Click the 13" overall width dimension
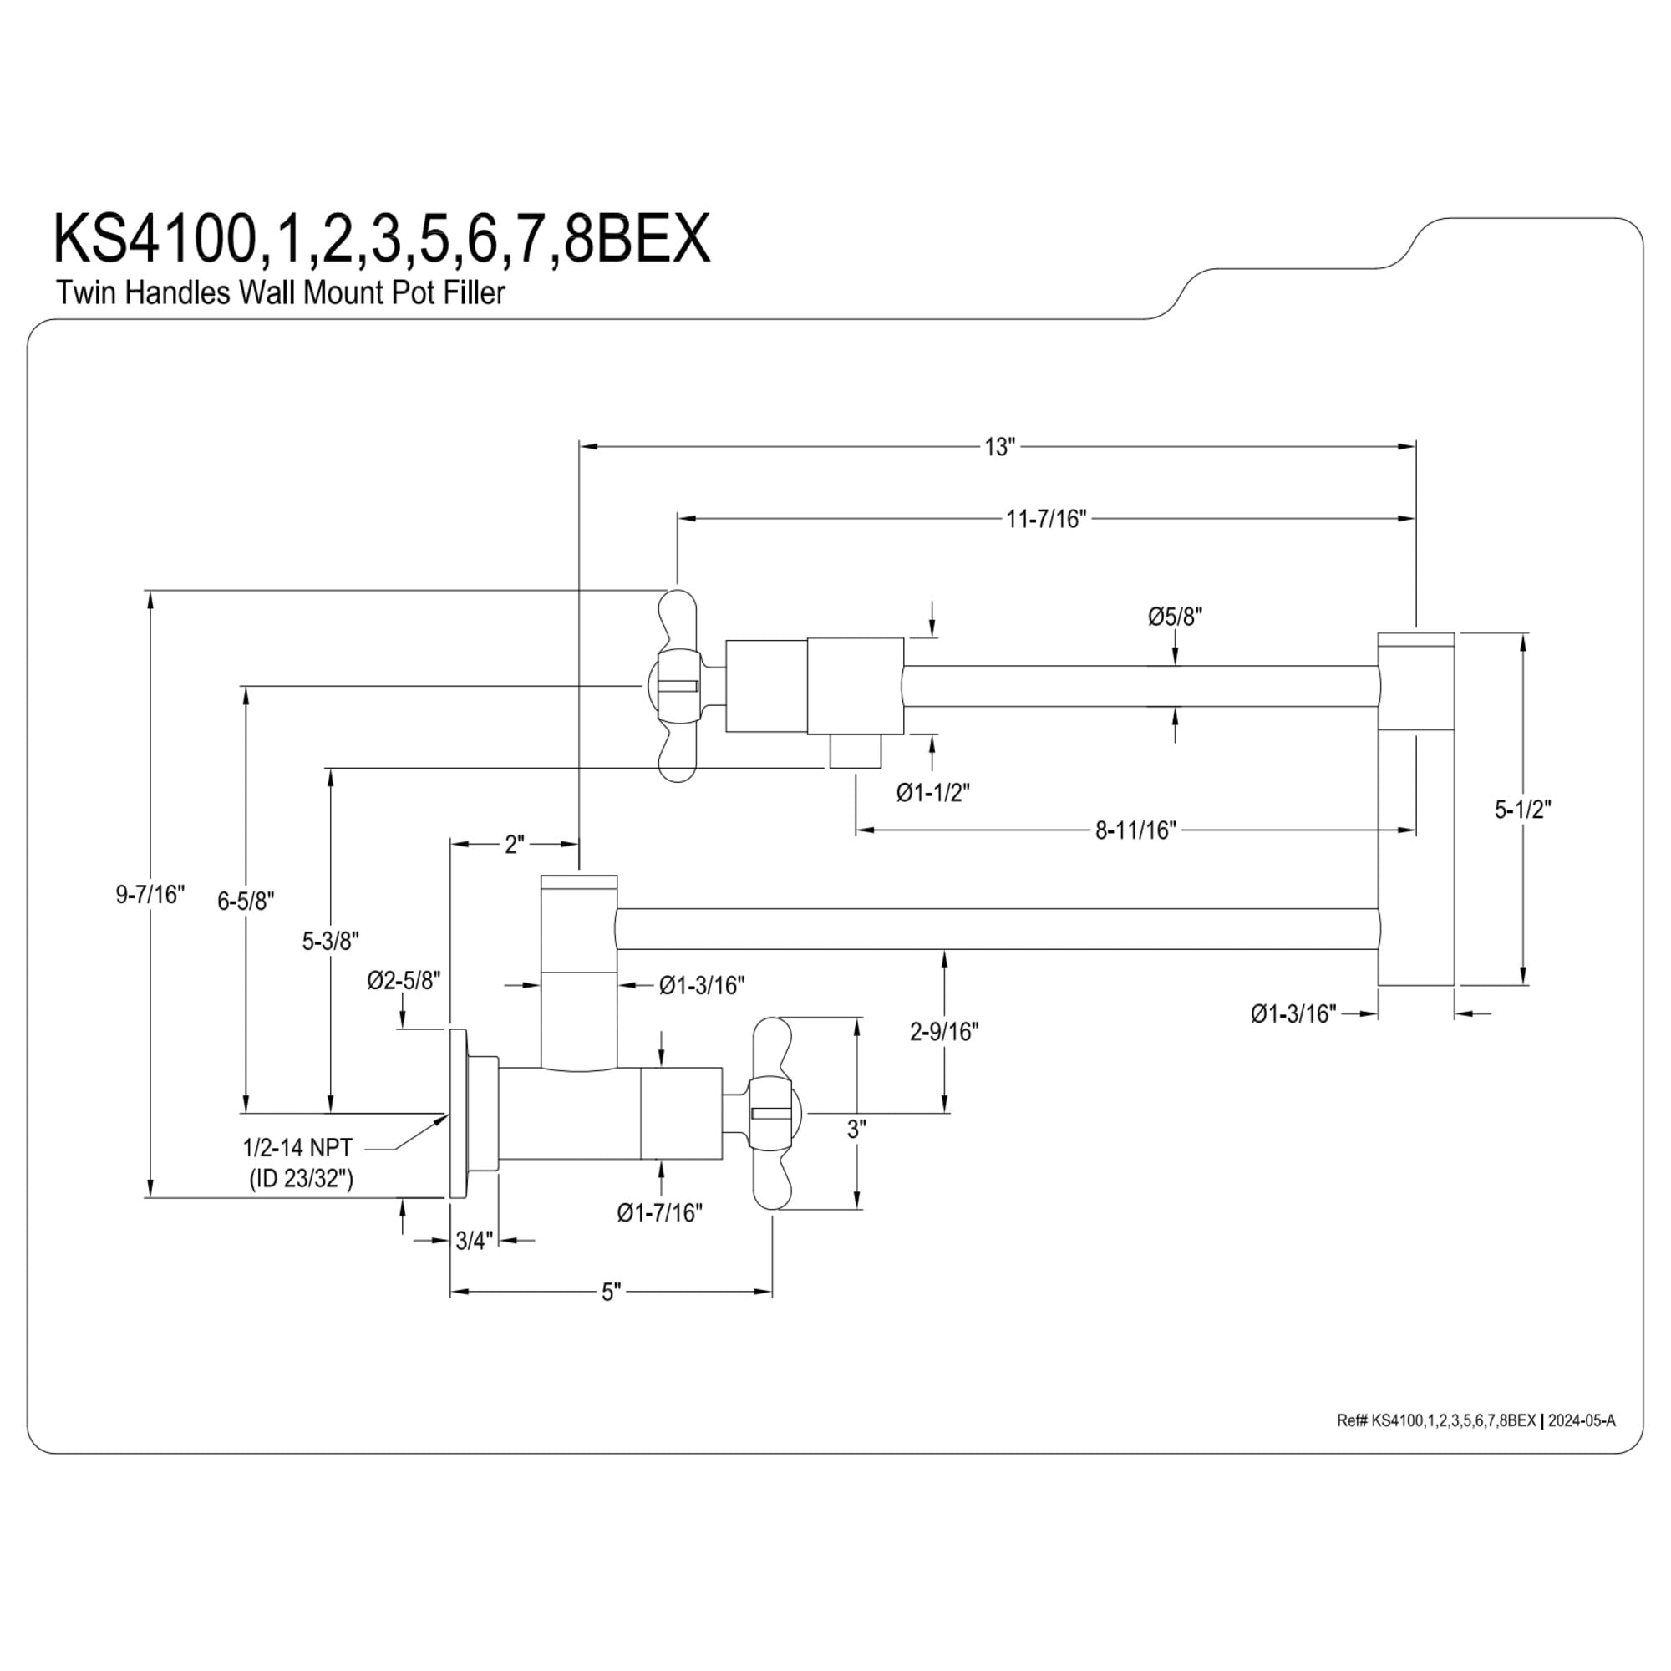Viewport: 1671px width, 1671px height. (x=998, y=447)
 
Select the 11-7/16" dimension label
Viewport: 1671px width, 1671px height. (x=1046, y=519)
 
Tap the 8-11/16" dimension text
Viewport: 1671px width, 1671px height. (x=1135, y=830)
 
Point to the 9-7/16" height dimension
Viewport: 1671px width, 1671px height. (x=151, y=894)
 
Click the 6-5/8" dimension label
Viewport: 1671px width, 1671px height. (x=246, y=902)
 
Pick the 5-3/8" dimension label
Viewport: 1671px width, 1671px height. (x=330, y=941)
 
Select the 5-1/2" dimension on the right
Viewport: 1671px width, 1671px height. (x=1523, y=810)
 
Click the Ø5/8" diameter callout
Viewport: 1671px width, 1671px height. (x=1176, y=617)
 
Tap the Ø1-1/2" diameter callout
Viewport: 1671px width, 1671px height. (x=933, y=792)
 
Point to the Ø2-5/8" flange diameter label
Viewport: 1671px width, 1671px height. (x=404, y=980)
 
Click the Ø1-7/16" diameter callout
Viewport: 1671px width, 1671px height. (x=660, y=1213)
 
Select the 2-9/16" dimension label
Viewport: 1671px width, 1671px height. (x=944, y=1032)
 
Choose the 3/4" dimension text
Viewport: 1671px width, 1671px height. (x=474, y=1242)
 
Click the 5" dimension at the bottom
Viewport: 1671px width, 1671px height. (x=612, y=1293)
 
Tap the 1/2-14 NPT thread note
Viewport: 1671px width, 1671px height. (x=297, y=1148)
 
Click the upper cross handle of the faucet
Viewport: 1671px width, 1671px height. (x=678, y=686)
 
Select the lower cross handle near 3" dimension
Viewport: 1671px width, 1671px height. (x=772, y=1113)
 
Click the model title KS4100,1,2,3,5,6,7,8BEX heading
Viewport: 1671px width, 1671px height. (x=383, y=239)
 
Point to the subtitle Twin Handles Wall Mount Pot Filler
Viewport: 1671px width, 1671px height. (x=280, y=292)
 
